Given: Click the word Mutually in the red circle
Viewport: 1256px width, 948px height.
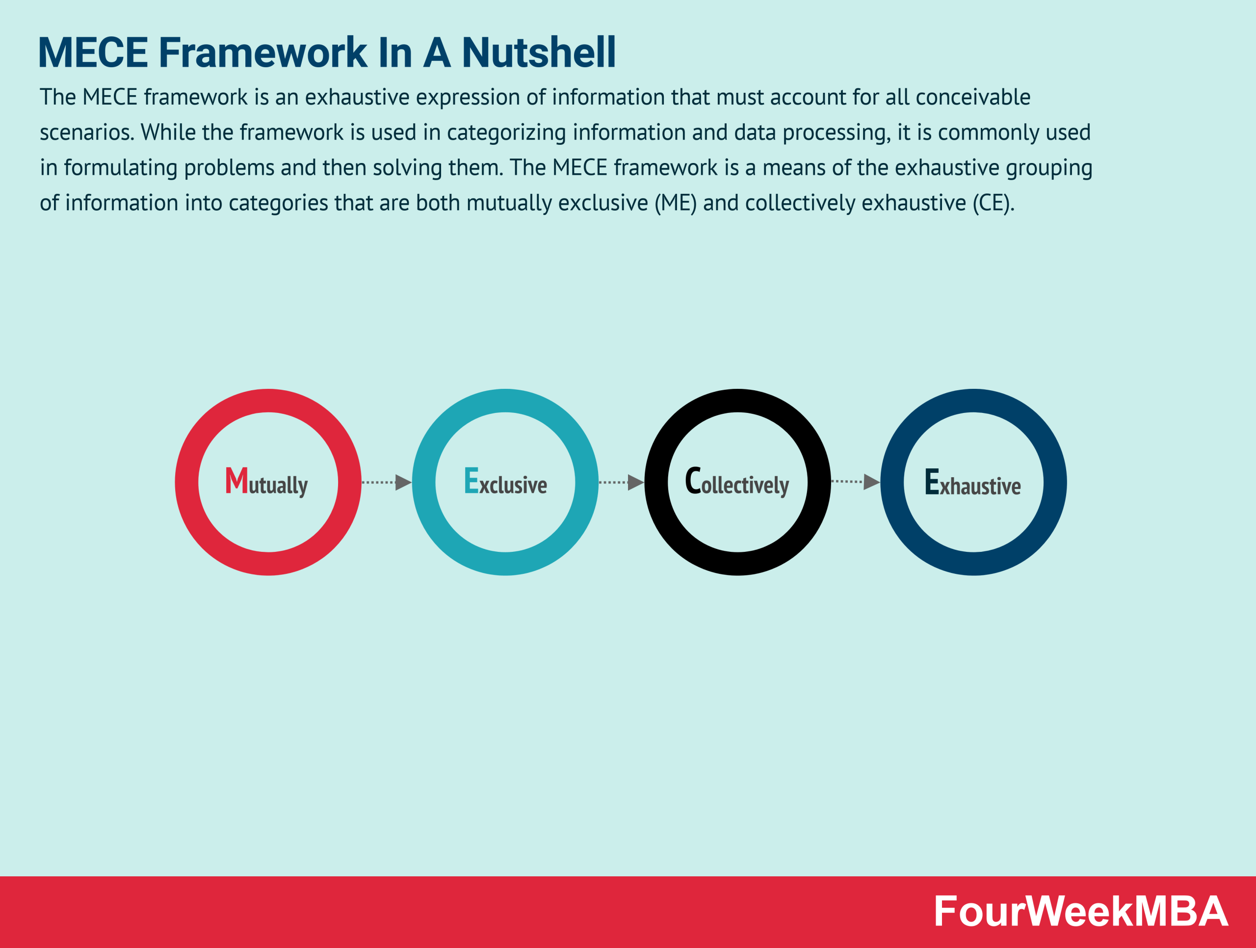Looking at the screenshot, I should pos(267,483).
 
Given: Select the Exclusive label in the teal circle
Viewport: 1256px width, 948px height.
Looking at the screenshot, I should pos(505,483).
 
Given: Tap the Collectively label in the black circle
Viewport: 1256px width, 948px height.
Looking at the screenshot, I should pos(737,483).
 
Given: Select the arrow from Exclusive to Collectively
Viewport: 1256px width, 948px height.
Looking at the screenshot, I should pos(622,482).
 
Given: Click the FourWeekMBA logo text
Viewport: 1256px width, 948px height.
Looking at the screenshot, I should pos(1080,912).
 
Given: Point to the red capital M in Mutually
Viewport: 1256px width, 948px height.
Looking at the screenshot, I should pos(236,481).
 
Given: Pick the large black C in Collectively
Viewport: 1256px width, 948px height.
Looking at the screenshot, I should pos(693,481).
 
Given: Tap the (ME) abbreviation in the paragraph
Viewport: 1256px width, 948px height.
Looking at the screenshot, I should pos(675,203).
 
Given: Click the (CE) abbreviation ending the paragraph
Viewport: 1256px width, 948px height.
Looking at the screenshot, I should pos(993,203).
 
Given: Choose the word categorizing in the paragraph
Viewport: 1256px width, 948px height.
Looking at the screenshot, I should pos(506,133).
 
